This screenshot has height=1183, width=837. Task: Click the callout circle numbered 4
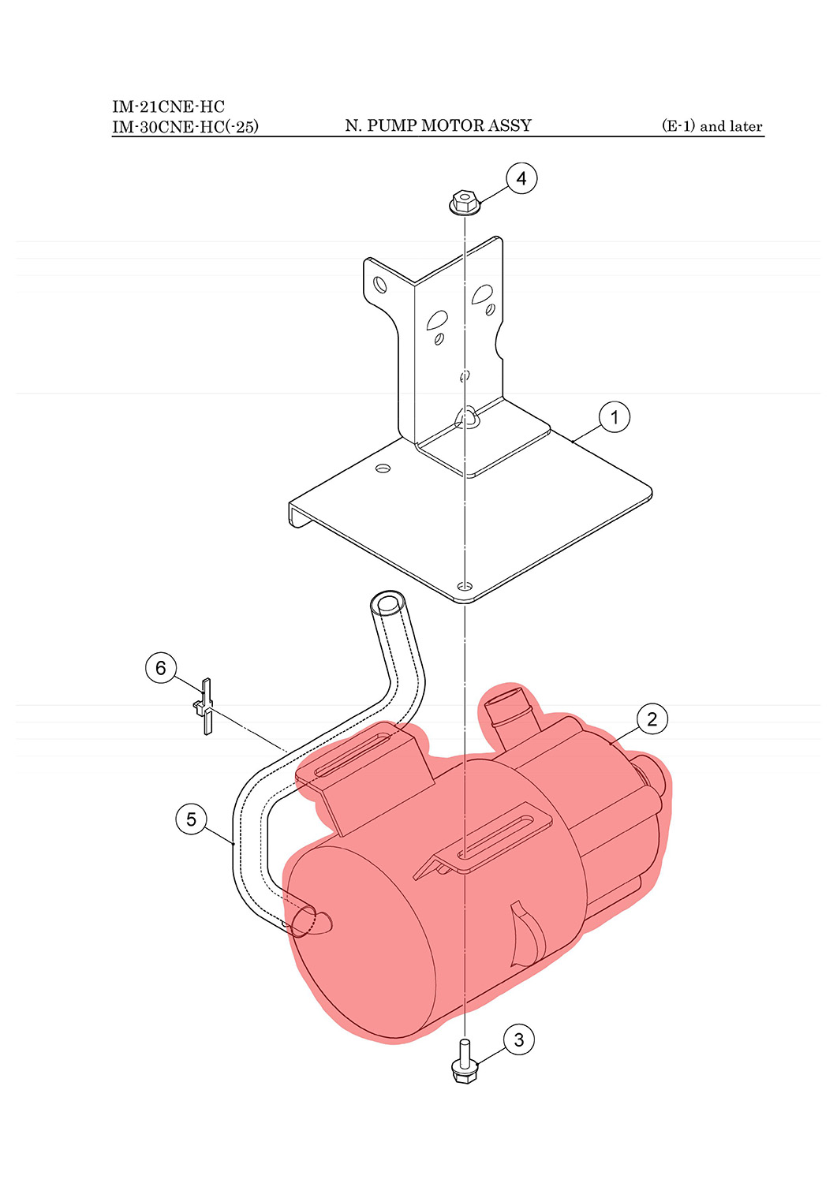(x=521, y=178)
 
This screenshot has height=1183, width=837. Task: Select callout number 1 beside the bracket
(x=614, y=417)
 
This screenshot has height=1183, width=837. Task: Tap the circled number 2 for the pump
(x=652, y=718)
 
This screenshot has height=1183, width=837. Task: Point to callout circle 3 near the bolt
(x=518, y=1039)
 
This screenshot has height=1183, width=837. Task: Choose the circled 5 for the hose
(x=191, y=819)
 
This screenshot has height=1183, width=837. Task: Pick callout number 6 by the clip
(x=161, y=668)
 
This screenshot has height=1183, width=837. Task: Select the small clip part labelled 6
(x=205, y=706)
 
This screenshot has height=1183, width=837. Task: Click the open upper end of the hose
(x=388, y=603)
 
